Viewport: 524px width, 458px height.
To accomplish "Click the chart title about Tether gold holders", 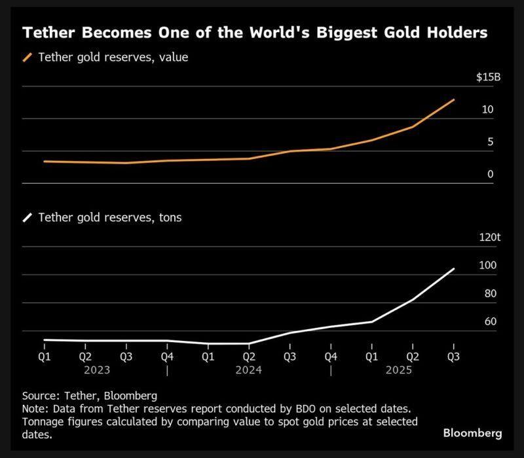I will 255,33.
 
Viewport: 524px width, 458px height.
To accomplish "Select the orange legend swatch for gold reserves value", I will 28,58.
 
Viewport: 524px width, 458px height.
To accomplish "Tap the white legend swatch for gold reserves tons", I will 28,218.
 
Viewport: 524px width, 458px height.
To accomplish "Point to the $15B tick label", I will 488,77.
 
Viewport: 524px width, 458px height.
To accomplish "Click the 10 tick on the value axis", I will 487,109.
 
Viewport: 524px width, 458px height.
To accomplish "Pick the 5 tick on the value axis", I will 490,142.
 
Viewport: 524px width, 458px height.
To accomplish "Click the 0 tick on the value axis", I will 490,174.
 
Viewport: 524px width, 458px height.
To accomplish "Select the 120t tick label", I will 489,238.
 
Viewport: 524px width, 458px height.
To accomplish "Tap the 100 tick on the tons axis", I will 488,266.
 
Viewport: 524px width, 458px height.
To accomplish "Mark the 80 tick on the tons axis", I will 490,294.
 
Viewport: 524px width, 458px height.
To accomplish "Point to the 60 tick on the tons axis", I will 490,322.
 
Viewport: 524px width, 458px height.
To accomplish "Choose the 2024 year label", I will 249,370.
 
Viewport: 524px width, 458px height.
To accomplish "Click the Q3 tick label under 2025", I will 453,357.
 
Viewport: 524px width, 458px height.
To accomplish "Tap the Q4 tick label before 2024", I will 167,357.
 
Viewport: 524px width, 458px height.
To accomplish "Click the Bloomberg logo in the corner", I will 472,433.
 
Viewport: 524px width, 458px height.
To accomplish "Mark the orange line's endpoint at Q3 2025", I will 453,99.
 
